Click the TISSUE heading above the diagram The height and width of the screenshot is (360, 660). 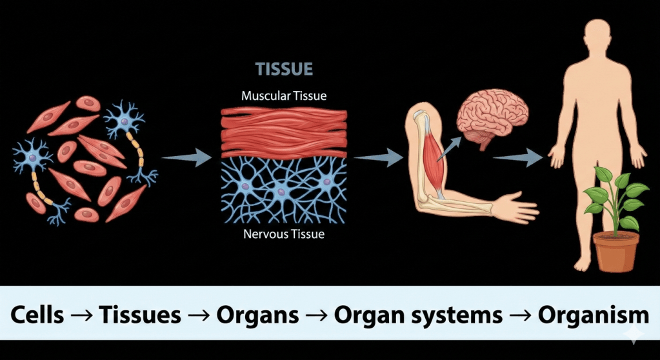pyautogui.click(x=284, y=69)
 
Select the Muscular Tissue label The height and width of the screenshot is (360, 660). pyautogui.click(x=284, y=96)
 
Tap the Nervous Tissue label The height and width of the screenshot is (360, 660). pyautogui.click(x=284, y=234)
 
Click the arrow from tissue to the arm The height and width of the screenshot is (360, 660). pyautogui.click(x=378, y=157)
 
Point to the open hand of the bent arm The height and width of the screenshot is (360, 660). pyautogui.click(x=515, y=206)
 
